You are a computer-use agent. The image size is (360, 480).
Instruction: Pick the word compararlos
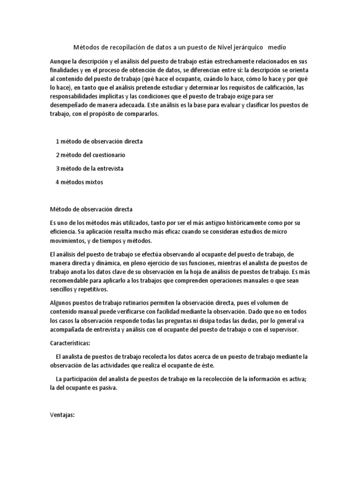[x=142, y=114]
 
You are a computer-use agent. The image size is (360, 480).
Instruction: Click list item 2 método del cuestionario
[x=90, y=154]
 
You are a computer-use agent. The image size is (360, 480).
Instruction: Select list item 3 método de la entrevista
[x=90, y=168]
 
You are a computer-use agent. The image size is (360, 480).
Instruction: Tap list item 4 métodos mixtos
[x=79, y=182]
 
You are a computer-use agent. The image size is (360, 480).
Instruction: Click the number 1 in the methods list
[x=57, y=141]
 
